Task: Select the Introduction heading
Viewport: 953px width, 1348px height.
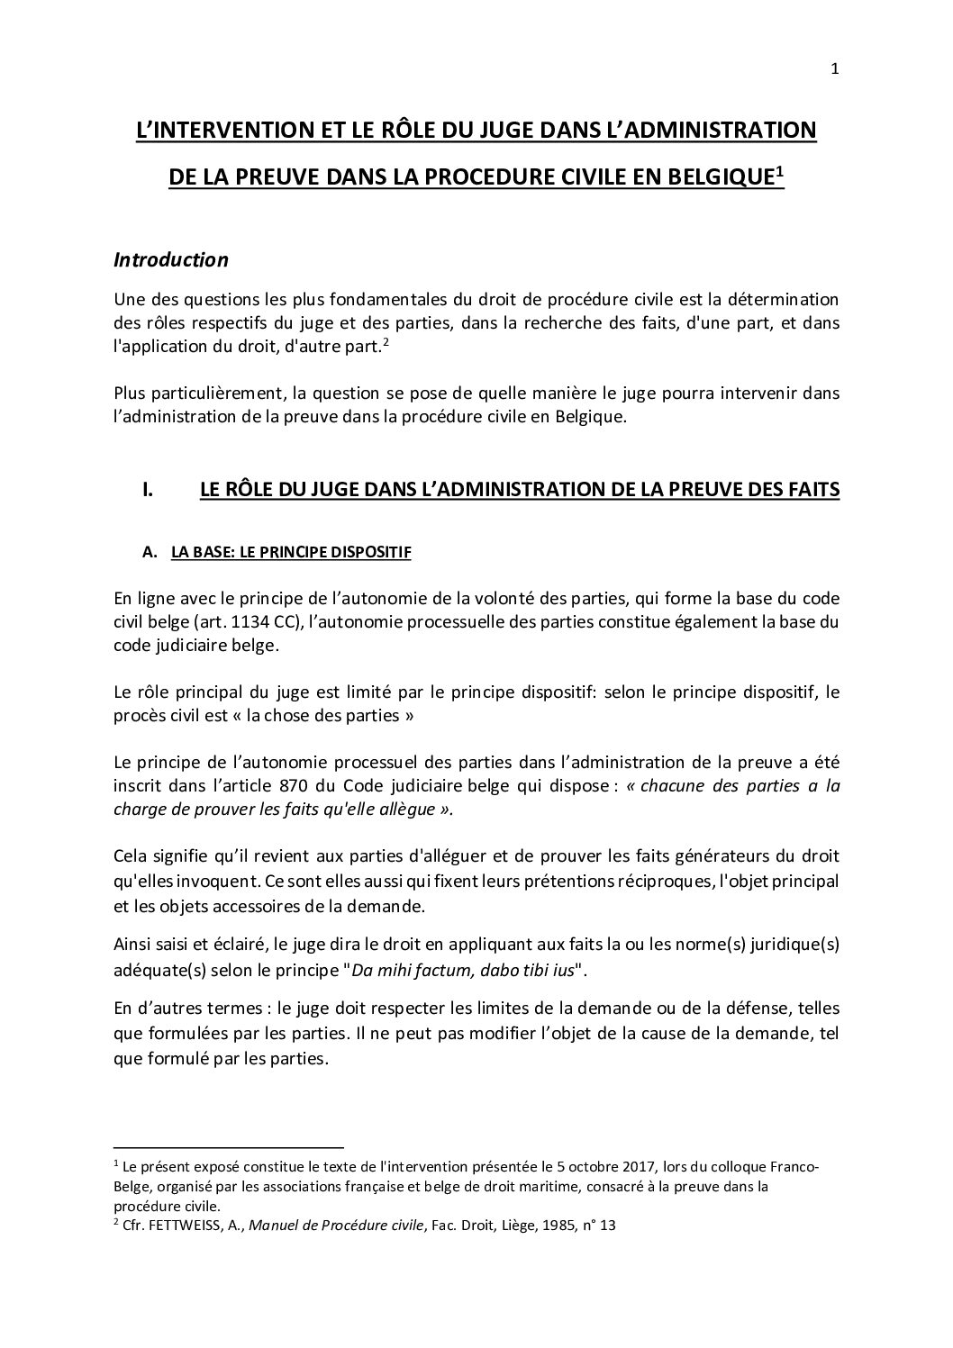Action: coord(171,260)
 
